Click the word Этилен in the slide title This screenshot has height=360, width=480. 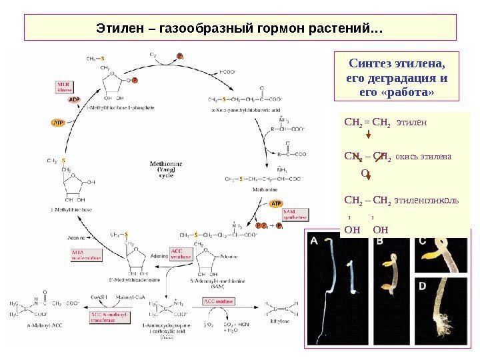tap(118, 30)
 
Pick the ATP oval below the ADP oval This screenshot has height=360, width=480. tap(59, 123)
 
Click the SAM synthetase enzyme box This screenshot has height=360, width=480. tap(295, 214)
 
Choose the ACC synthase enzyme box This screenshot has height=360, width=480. tap(181, 253)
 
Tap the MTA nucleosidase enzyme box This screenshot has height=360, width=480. tap(86, 253)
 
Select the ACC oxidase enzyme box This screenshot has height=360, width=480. tap(219, 302)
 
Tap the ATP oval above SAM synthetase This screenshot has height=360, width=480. tap(277, 203)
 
